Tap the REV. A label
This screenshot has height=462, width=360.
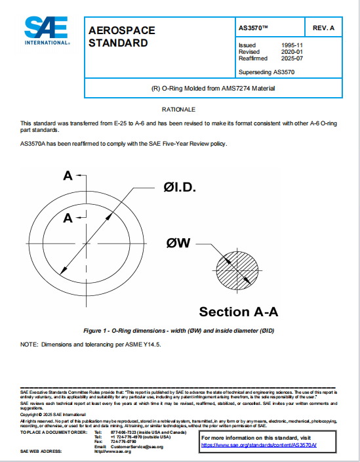[x=323, y=28]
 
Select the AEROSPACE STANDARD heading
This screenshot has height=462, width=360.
[x=119, y=37]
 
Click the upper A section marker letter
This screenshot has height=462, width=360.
[x=67, y=176]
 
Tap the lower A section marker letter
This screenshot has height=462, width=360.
[x=67, y=219]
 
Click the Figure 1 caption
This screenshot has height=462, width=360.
[x=179, y=331]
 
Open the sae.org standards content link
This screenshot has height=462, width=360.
[x=258, y=445]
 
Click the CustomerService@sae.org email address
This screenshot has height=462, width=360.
[x=136, y=446]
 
